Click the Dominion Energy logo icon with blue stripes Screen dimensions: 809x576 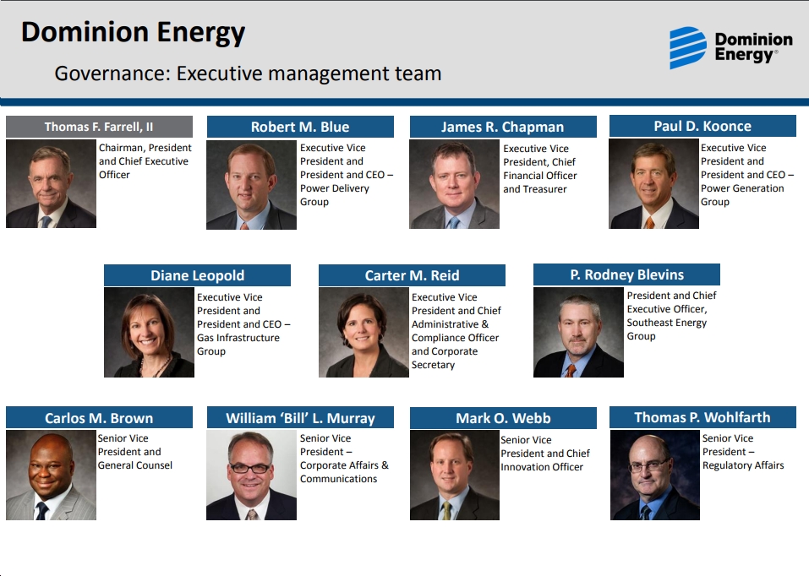pos(688,48)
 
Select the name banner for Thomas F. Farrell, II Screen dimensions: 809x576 pos(99,127)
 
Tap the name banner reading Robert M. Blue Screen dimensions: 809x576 pos(300,127)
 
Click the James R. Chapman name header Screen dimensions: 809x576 pos(503,127)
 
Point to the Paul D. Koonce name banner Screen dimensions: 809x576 pos(702,127)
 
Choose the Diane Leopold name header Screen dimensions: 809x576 pos(197,275)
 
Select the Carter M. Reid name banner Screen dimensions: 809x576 pos(412,275)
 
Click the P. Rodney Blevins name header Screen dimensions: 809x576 pos(626,274)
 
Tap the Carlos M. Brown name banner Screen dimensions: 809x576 pos(99,418)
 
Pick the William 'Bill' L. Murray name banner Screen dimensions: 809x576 pos(300,418)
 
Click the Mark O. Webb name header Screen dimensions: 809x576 pos(503,418)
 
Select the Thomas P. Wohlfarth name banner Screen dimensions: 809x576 pos(702,417)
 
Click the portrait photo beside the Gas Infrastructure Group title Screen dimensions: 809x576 pos(149,333)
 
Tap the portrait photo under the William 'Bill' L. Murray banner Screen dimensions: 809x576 pos(251,475)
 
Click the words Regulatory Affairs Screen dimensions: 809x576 pos(743,465)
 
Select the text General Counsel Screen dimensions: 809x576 pos(135,465)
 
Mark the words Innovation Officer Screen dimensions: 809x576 pos(542,467)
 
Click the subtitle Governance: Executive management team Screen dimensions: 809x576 pos(248,73)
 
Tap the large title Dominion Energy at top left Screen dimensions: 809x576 pos(133,32)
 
